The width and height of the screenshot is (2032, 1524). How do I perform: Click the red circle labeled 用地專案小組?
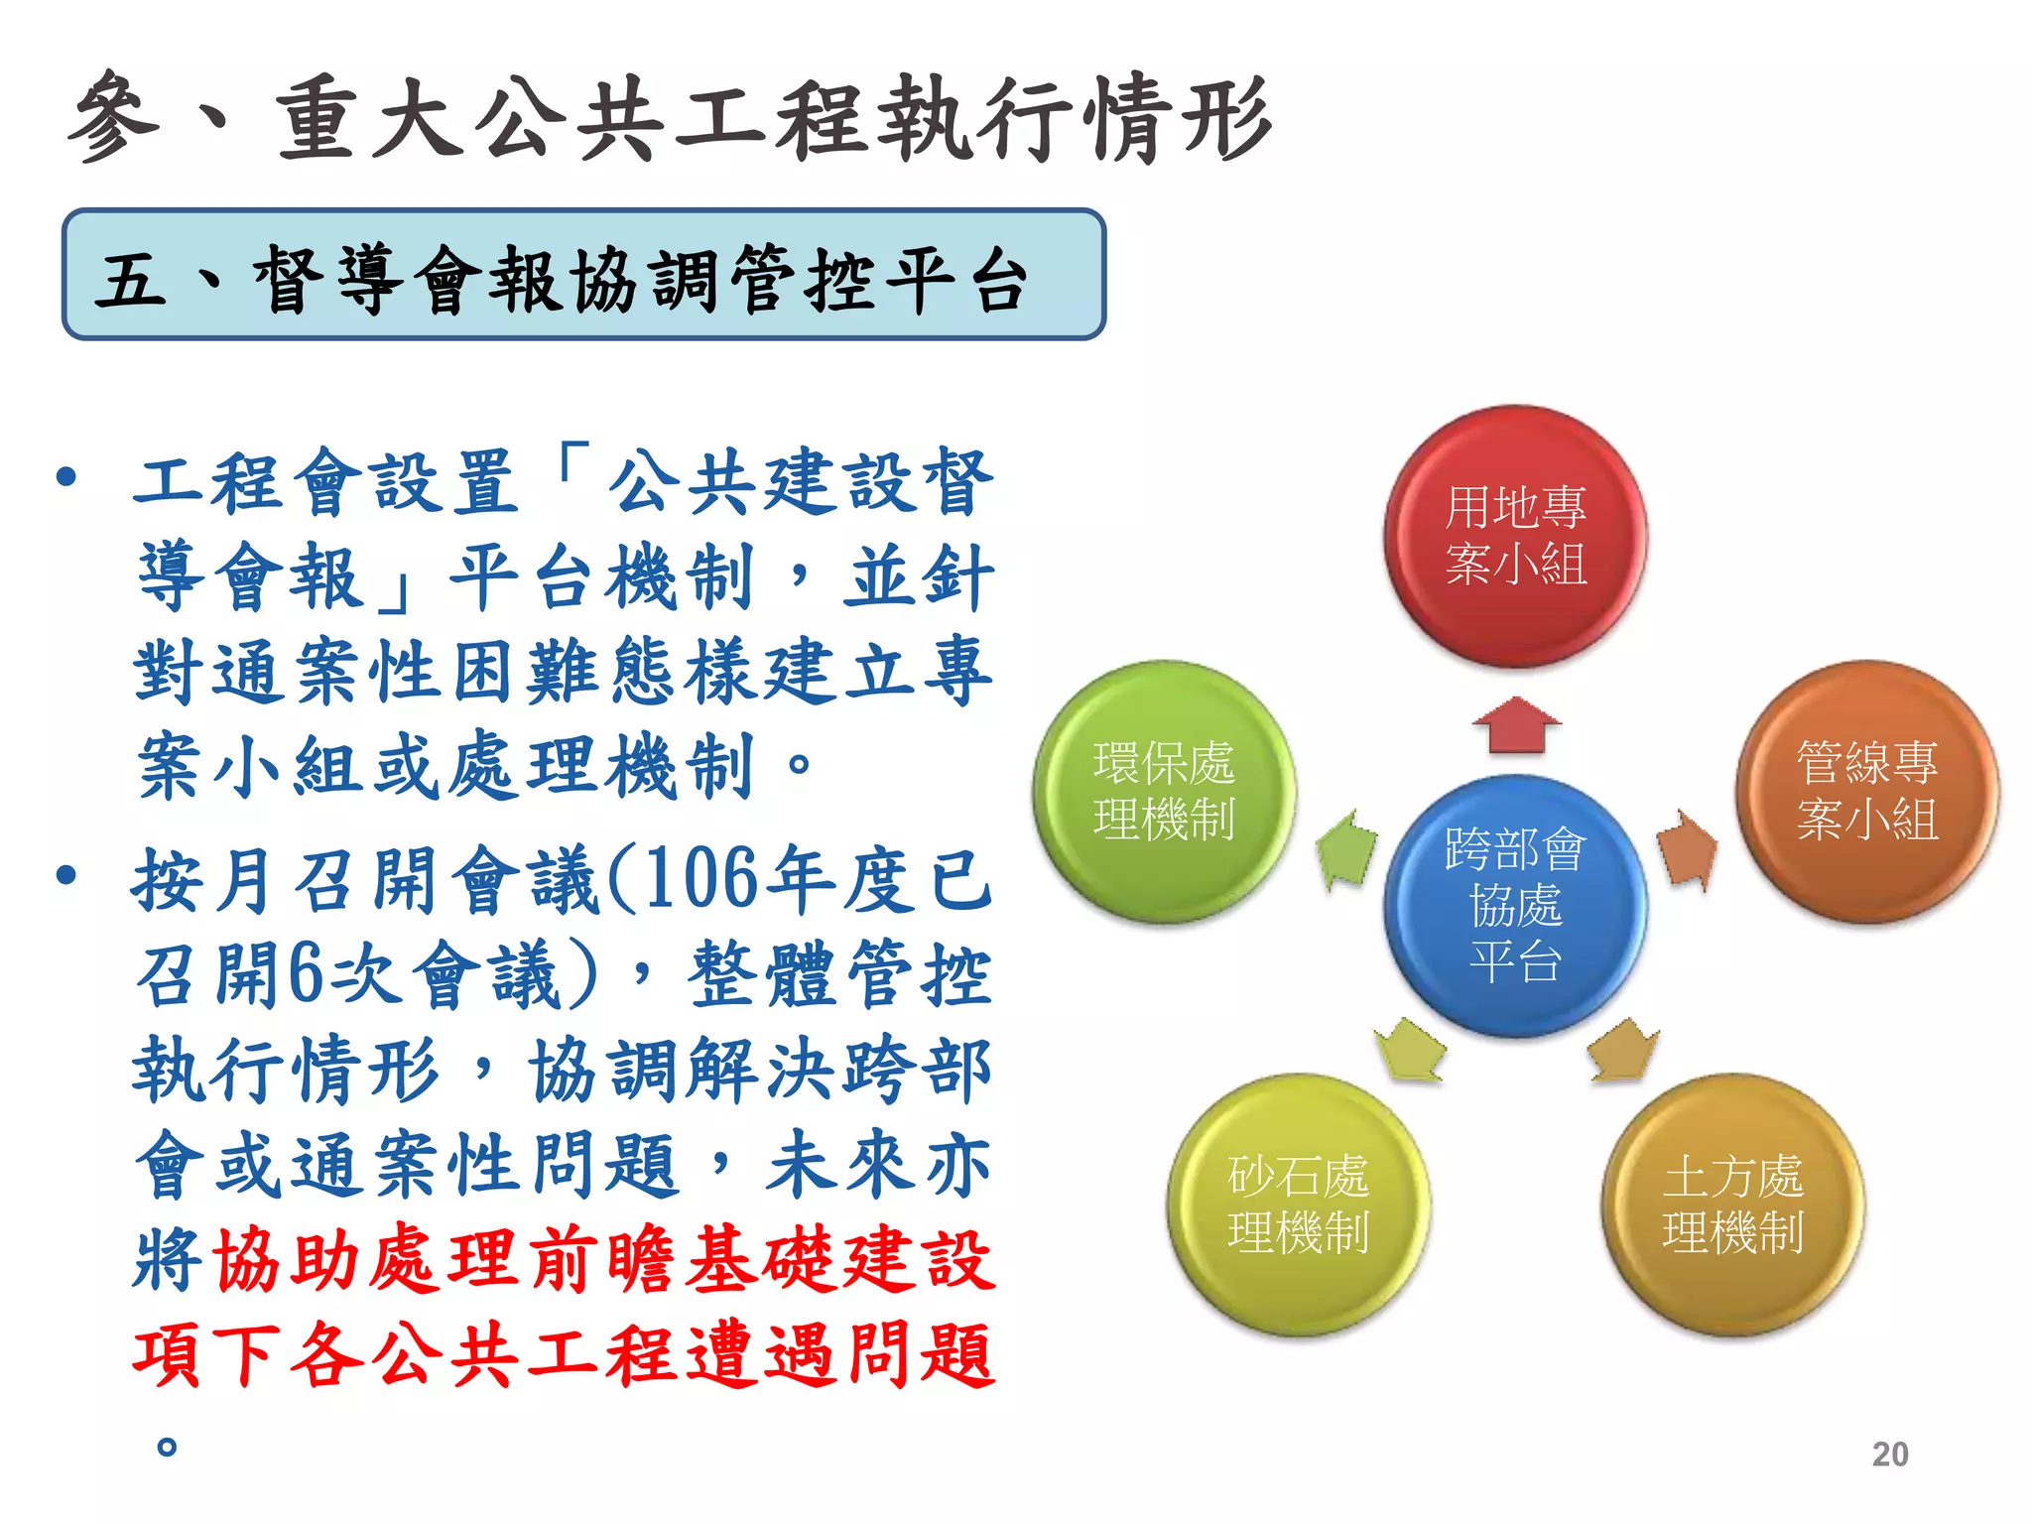tap(1515, 536)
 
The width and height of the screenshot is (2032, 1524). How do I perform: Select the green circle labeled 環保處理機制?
tap(1164, 792)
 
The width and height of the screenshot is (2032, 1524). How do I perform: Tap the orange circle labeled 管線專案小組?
tap(1866, 792)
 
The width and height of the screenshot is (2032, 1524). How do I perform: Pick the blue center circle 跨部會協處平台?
tap(1515, 905)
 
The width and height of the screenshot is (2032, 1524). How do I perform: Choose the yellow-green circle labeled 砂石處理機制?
tap(1298, 1205)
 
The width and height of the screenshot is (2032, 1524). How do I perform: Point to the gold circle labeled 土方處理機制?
tap(1732, 1205)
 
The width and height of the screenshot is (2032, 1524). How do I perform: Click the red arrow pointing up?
tap(1516, 724)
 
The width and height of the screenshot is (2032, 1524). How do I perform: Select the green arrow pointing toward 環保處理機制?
tap(1347, 849)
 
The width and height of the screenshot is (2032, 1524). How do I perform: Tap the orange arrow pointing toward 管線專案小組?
tap(1686, 849)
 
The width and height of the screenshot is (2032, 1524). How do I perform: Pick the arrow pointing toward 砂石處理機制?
tap(1410, 1051)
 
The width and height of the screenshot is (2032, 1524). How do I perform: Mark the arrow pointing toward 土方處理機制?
tap(1621, 1051)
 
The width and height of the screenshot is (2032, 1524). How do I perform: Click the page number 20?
tap(1889, 1454)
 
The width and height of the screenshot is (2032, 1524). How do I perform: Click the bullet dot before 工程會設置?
tap(66, 477)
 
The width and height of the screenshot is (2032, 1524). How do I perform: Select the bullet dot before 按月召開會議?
tap(66, 875)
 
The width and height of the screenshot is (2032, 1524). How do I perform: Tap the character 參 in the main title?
tap(114, 117)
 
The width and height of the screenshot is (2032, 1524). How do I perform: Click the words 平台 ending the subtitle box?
tap(955, 280)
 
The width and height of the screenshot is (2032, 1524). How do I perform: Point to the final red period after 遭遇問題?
tap(167, 1447)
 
